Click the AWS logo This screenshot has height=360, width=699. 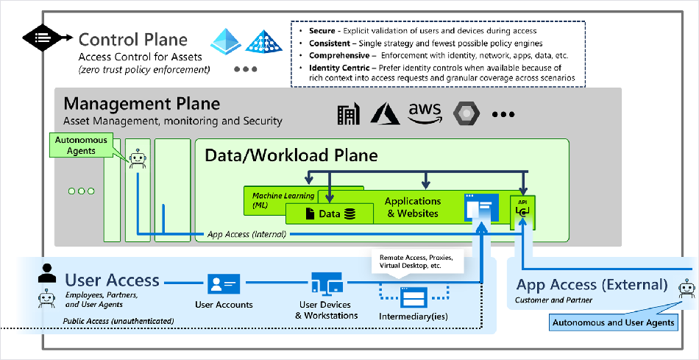point(424,114)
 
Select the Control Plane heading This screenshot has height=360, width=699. point(133,39)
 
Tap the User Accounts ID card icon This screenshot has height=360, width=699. point(224,283)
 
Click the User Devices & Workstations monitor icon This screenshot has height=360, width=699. point(327,284)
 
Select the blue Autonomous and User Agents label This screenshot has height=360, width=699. point(614,322)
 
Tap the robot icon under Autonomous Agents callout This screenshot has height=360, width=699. point(138,159)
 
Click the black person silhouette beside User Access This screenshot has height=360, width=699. point(47,273)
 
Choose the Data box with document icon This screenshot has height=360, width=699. point(330,213)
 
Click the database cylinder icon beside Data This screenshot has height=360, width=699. point(349,214)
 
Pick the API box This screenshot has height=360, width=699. point(522,212)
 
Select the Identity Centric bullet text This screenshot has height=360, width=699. point(441,73)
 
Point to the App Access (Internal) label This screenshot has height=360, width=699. point(246,234)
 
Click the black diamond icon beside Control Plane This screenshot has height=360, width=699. point(43,38)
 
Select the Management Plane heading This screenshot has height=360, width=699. point(142,104)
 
